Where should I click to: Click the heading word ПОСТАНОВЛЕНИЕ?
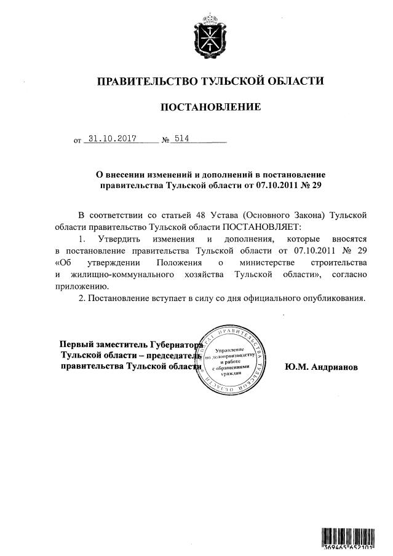(210, 108)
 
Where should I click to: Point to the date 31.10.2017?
(113, 139)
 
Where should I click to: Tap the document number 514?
(181, 139)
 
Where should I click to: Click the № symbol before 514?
(165, 141)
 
